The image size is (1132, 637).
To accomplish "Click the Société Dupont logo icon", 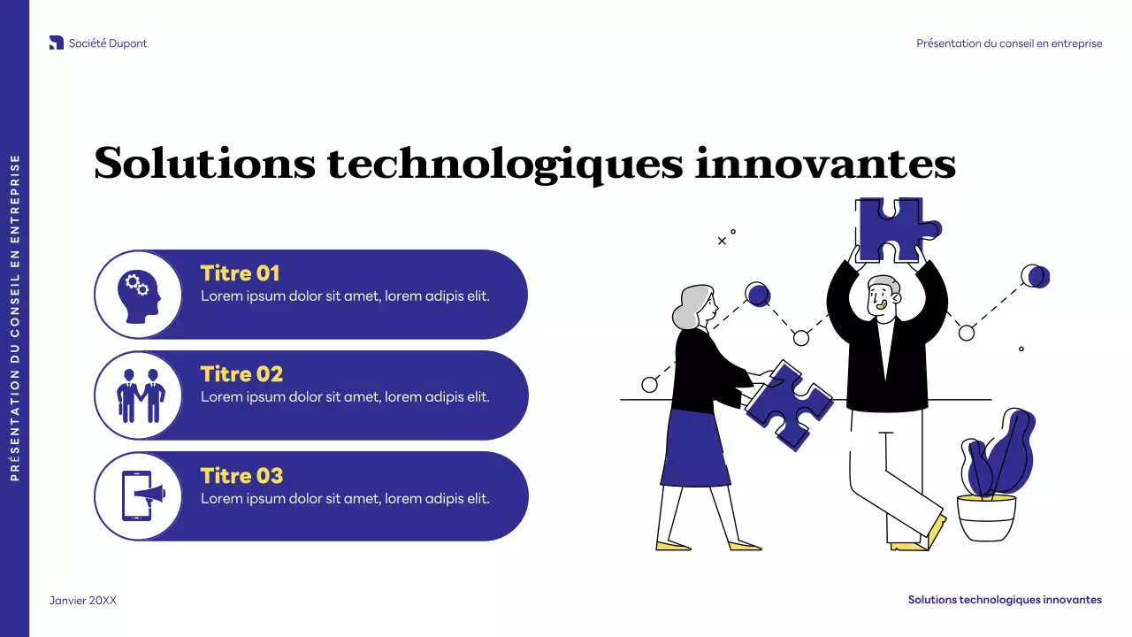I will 57,42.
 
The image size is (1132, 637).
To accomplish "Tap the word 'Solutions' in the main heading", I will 204,165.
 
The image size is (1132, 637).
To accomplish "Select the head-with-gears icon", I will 138,295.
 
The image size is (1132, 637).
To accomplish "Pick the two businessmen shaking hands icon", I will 138,395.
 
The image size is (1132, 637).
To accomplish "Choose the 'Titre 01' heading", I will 240,273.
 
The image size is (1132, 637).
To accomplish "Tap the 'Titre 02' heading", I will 241,374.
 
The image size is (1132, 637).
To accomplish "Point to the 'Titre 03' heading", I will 241,476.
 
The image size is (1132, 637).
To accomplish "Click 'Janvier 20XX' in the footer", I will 82,601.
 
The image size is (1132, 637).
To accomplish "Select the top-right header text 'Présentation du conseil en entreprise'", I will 1009,43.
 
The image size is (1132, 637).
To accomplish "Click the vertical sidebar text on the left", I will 15,318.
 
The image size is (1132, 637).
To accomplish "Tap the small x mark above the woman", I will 722,241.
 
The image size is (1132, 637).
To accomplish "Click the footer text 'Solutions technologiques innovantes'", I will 1005,600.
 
